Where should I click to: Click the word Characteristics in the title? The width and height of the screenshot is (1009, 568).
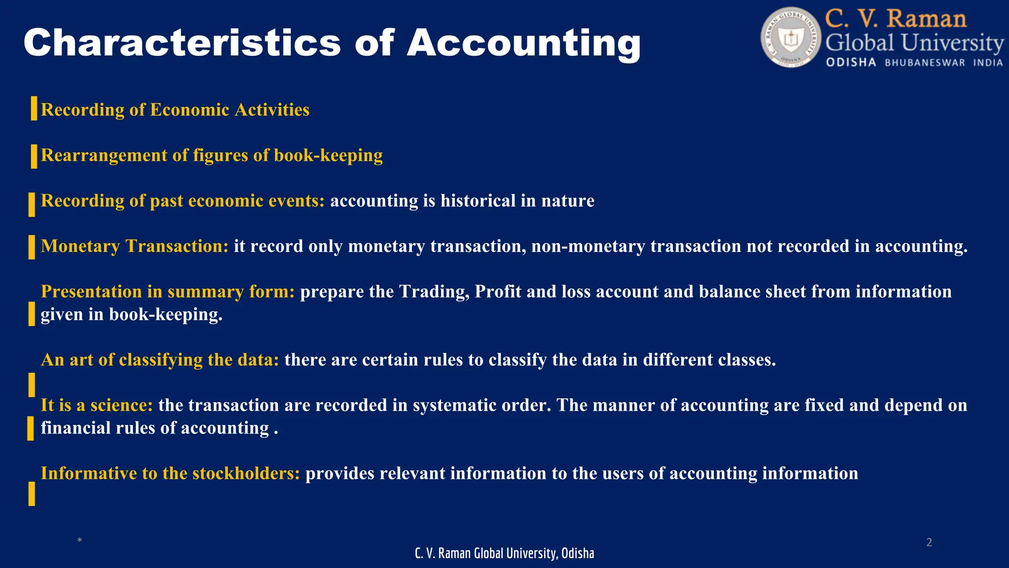pyautogui.click(x=182, y=43)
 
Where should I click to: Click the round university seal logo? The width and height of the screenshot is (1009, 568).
pyautogui.click(x=791, y=37)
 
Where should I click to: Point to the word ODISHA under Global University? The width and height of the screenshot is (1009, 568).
pyautogui.click(x=851, y=63)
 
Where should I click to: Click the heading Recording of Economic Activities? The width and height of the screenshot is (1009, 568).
pyautogui.click(x=175, y=110)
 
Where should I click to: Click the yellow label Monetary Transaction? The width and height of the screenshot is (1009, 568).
pyautogui.click(x=135, y=247)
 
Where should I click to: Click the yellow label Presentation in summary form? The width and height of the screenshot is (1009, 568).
pyautogui.click(x=168, y=292)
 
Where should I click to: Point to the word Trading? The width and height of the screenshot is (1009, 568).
pyautogui.click(x=434, y=292)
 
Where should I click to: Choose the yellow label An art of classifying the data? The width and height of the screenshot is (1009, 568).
pyautogui.click(x=160, y=360)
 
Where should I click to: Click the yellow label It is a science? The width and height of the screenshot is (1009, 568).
pyautogui.click(x=97, y=405)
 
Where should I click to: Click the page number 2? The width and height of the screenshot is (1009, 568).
pyautogui.click(x=929, y=543)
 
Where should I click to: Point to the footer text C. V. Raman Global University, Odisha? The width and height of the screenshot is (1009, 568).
pyautogui.click(x=504, y=554)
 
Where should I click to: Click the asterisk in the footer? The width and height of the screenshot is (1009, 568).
pyautogui.click(x=79, y=541)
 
